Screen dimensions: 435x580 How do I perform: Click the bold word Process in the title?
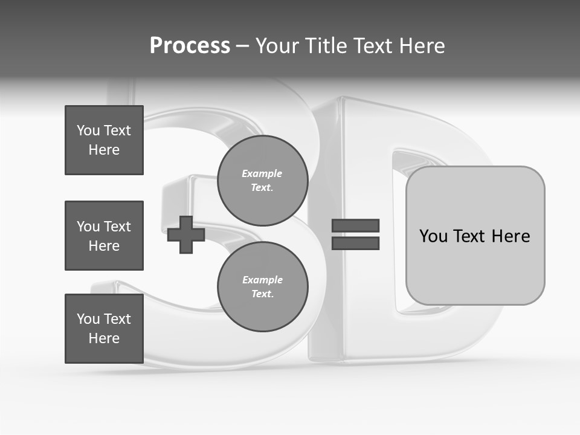pos(190,46)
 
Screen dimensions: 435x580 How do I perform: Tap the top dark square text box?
pos(104,140)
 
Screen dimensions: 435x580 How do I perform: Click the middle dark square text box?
pos(104,236)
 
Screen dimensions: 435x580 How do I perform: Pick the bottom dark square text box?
pos(104,329)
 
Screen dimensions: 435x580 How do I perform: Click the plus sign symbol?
pos(186,235)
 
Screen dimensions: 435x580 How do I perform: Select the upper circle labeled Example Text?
pos(263,180)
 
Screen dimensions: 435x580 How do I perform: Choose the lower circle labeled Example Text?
pos(263,286)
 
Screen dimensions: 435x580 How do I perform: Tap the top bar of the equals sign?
pos(356,226)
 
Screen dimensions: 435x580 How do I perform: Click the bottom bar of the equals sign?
pos(356,243)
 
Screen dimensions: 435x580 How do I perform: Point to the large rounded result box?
pos(475,236)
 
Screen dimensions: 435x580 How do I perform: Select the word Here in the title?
pos(422,46)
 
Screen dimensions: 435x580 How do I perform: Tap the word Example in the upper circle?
pos(262,173)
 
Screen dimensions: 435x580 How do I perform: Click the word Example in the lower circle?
pos(262,280)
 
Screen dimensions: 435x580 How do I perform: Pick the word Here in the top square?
pos(104,150)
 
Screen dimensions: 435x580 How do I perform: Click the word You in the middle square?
pos(88,227)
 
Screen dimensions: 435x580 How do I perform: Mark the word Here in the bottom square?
pos(104,338)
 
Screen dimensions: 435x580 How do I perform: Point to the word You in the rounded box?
pos(434,236)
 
